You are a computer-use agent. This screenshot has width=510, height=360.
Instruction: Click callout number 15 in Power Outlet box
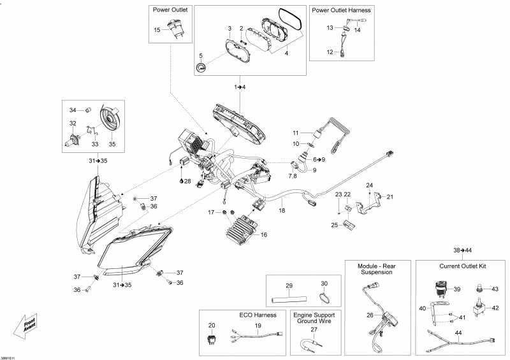click(x=157, y=30)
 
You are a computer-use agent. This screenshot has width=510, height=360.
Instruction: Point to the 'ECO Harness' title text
click(x=240, y=314)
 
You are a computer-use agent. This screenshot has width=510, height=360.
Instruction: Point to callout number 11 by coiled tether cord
click(x=295, y=133)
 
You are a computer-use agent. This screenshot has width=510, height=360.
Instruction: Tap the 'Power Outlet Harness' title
click(x=341, y=10)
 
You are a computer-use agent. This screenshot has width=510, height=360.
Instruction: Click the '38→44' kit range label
click(x=462, y=250)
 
